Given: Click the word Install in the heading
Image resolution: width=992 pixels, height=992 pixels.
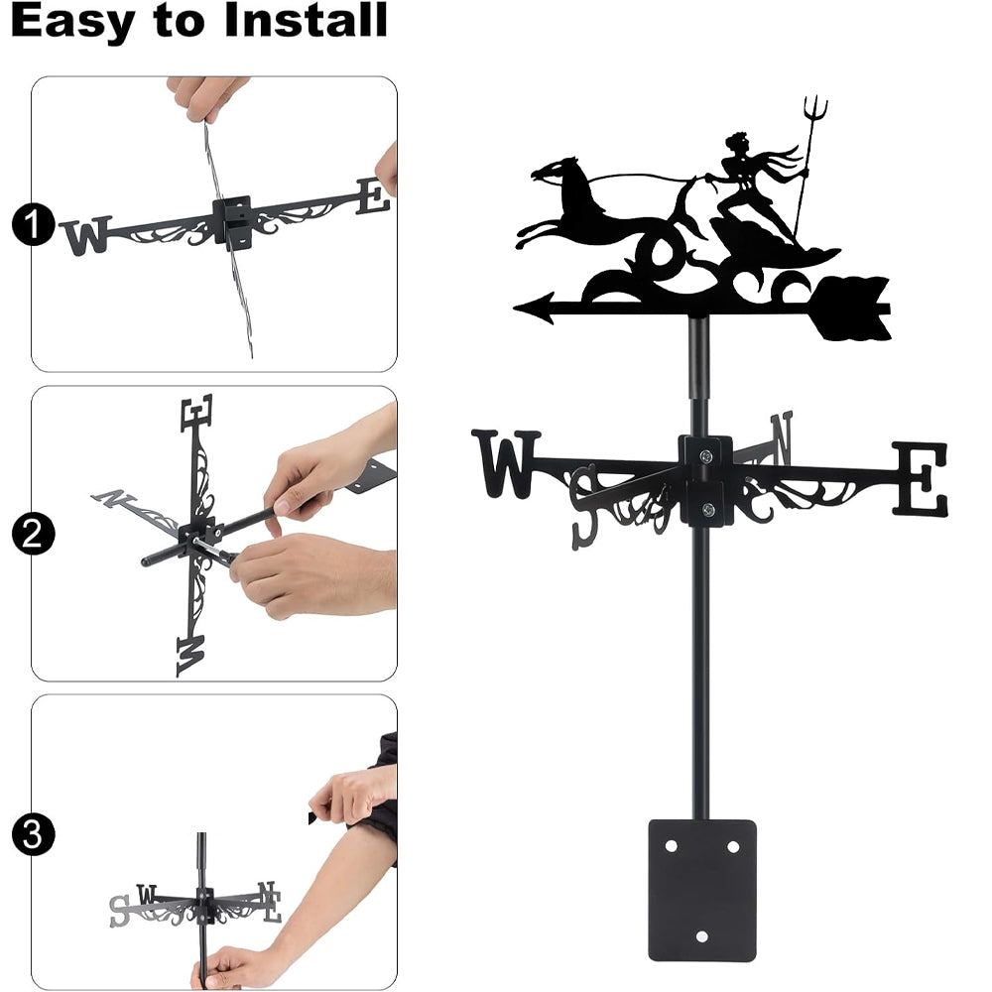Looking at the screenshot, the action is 306,20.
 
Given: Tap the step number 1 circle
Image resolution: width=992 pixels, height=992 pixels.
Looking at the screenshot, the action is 33,224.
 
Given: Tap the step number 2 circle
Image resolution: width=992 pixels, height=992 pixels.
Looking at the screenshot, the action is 33,534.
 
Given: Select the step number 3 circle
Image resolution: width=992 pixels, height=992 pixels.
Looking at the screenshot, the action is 33,834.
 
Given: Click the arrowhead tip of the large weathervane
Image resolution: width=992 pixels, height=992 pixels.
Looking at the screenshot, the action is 514,309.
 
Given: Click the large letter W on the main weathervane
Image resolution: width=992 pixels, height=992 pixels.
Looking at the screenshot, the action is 506,463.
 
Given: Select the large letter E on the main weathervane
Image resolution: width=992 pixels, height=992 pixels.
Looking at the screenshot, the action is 921,479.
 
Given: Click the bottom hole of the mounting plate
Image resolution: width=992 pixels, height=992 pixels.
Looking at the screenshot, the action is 701,935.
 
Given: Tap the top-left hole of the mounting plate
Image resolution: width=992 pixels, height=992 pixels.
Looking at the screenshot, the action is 671,846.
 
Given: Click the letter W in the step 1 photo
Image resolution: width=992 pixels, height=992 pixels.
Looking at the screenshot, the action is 87,236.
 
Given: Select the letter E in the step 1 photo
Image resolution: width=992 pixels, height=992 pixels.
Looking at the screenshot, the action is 373,196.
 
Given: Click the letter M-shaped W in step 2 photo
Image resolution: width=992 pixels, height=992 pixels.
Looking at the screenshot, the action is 191,656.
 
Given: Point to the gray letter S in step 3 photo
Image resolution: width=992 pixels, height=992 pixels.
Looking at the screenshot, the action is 119,911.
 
